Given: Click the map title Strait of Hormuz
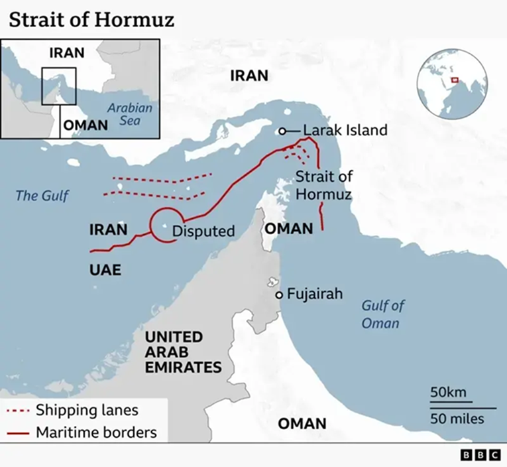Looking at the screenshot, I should pyautogui.click(x=91, y=19).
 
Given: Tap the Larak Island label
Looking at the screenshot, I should pyautogui.click(x=345, y=130).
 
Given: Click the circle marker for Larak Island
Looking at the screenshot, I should pyautogui.click(x=282, y=131).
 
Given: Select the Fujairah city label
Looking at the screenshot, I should pyautogui.click(x=314, y=293).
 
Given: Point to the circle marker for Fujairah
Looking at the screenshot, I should pyautogui.click(x=280, y=295).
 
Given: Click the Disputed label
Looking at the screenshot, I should pyautogui.click(x=203, y=231).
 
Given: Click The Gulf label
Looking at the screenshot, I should pyautogui.click(x=42, y=195).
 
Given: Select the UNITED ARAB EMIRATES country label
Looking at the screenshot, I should pyautogui.click(x=183, y=352).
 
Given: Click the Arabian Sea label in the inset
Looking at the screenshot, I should pyautogui.click(x=130, y=113).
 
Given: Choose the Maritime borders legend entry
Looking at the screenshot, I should pyautogui.click(x=96, y=433).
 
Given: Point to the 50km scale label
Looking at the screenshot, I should pyautogui.click(x=448, y=392).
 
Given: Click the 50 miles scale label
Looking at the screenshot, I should pyautogui.click(x=457, y=419).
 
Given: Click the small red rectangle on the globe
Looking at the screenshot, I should pyautogui.click(x=455, y=80).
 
